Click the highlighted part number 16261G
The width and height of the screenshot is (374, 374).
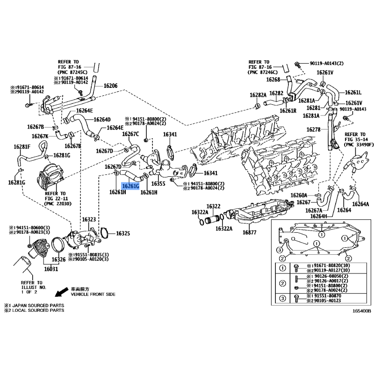pos(130,186)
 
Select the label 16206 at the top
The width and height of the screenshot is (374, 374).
pos(110,86)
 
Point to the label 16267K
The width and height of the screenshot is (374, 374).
pos(40,136)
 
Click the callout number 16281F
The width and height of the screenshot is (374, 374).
pos(22,147)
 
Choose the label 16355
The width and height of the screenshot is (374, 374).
pos(158,184)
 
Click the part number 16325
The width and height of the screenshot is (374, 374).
pos(123,233)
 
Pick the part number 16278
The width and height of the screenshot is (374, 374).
pos(313,129)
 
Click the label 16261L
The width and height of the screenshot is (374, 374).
pos(353,92)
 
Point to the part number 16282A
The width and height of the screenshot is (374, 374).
pos(258,94)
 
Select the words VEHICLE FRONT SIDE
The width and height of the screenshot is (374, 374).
pos(93,295)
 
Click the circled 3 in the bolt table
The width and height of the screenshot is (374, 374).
pos(282,298)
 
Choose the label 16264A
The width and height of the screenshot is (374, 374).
pos(360,204)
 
